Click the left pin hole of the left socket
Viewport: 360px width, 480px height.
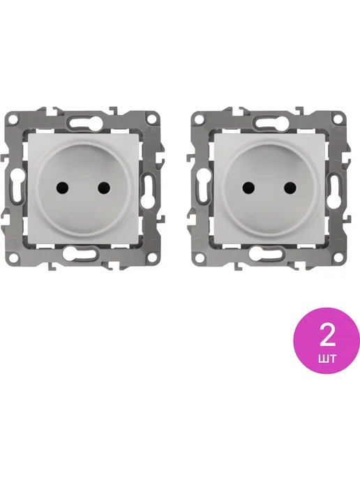62,188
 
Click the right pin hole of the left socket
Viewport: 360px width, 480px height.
104,188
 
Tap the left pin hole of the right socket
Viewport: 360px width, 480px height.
248,188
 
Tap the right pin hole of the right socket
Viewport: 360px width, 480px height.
290,188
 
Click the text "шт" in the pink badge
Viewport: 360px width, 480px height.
327,358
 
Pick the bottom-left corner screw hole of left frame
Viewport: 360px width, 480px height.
13,257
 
